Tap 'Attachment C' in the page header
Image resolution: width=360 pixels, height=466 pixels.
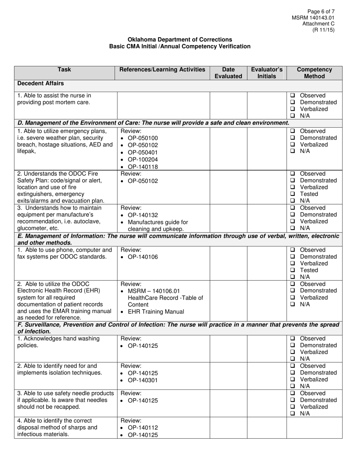pyautogui.click(x=318, y=24)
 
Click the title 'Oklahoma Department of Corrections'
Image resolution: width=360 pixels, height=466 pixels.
pyautogui.click(x=180, y=39)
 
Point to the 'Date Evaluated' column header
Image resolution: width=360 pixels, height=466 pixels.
pyautogui.click(x=228, y=73)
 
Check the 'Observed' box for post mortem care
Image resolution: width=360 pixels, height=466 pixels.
pyautogui.click(x=293, y=95)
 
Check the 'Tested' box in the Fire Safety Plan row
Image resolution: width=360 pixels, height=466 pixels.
pyautogui.click(x=293, y=194)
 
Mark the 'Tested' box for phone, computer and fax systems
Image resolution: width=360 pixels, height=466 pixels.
pyautogui.click(x=293, y=270)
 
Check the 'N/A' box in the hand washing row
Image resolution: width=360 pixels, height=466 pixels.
pyautogui.click(x=293, y=358)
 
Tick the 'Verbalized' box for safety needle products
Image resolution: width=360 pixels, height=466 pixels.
pyautogui.click(x=293, y=407)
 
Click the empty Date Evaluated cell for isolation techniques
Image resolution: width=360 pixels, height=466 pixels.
pyautogui.click(x=228, y=376)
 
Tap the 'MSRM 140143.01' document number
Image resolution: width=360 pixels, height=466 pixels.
pyautogui.click(x=313, y=18)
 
